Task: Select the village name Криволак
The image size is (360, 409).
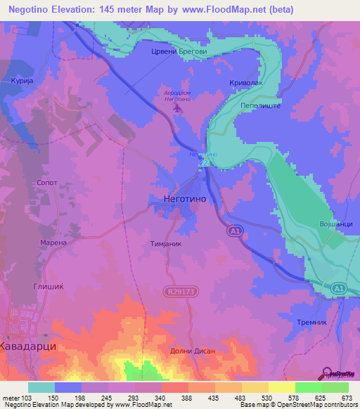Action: coord(245,82)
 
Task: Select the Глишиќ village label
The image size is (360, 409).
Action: coord(49,286)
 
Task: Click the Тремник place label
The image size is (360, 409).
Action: coord(314,320)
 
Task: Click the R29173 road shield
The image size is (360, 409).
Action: coord(180,290)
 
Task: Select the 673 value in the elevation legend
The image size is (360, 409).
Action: coord(346,398)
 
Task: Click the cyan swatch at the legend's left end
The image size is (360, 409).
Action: coord(41,387)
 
